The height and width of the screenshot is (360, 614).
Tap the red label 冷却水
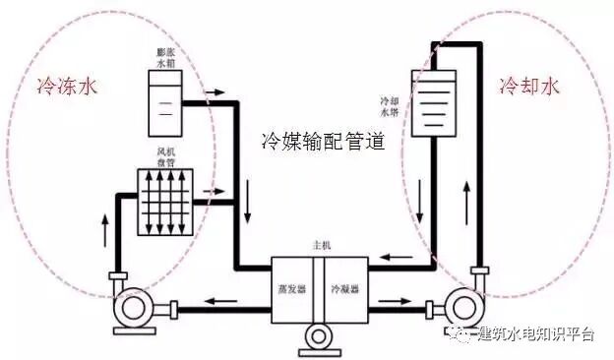[528, 86]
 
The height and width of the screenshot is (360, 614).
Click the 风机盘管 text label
[165, 158]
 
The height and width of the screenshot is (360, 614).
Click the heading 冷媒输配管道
[322, 141]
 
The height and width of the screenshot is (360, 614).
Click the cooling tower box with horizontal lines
[434, 102]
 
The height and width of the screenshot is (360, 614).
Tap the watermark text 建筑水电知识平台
[535, 334]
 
